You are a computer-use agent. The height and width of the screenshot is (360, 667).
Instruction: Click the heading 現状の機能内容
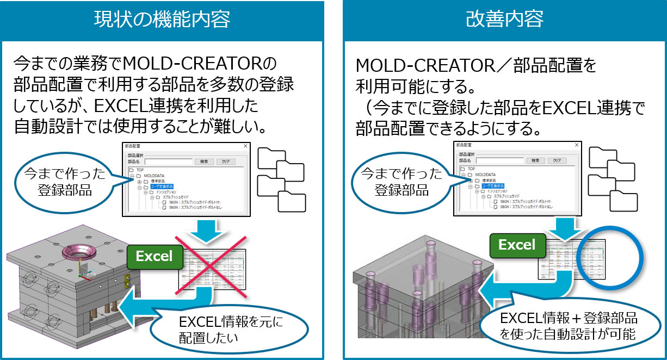[162, 20]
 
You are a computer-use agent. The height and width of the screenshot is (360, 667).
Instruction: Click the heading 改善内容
[504, 20]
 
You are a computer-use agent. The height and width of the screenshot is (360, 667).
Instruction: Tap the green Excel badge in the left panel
[155, 256]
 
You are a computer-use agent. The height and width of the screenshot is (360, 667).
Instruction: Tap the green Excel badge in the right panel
[517, 245]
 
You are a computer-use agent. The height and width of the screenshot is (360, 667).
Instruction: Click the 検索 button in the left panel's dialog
[203, 162]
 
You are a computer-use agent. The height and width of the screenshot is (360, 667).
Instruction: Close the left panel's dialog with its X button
[245, 146]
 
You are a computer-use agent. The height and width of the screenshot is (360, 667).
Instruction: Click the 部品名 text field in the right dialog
[499, 160]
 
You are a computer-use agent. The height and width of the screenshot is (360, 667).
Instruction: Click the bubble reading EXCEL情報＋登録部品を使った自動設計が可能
[567, 326]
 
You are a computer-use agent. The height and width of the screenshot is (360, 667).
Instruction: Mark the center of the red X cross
[209, 267]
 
